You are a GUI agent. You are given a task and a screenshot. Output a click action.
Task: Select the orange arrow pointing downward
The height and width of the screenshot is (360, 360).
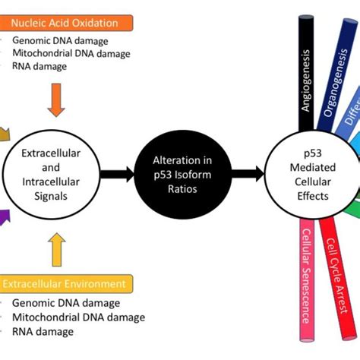55,99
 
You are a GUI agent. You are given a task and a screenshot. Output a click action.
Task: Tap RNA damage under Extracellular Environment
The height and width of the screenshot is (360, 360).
43,331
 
